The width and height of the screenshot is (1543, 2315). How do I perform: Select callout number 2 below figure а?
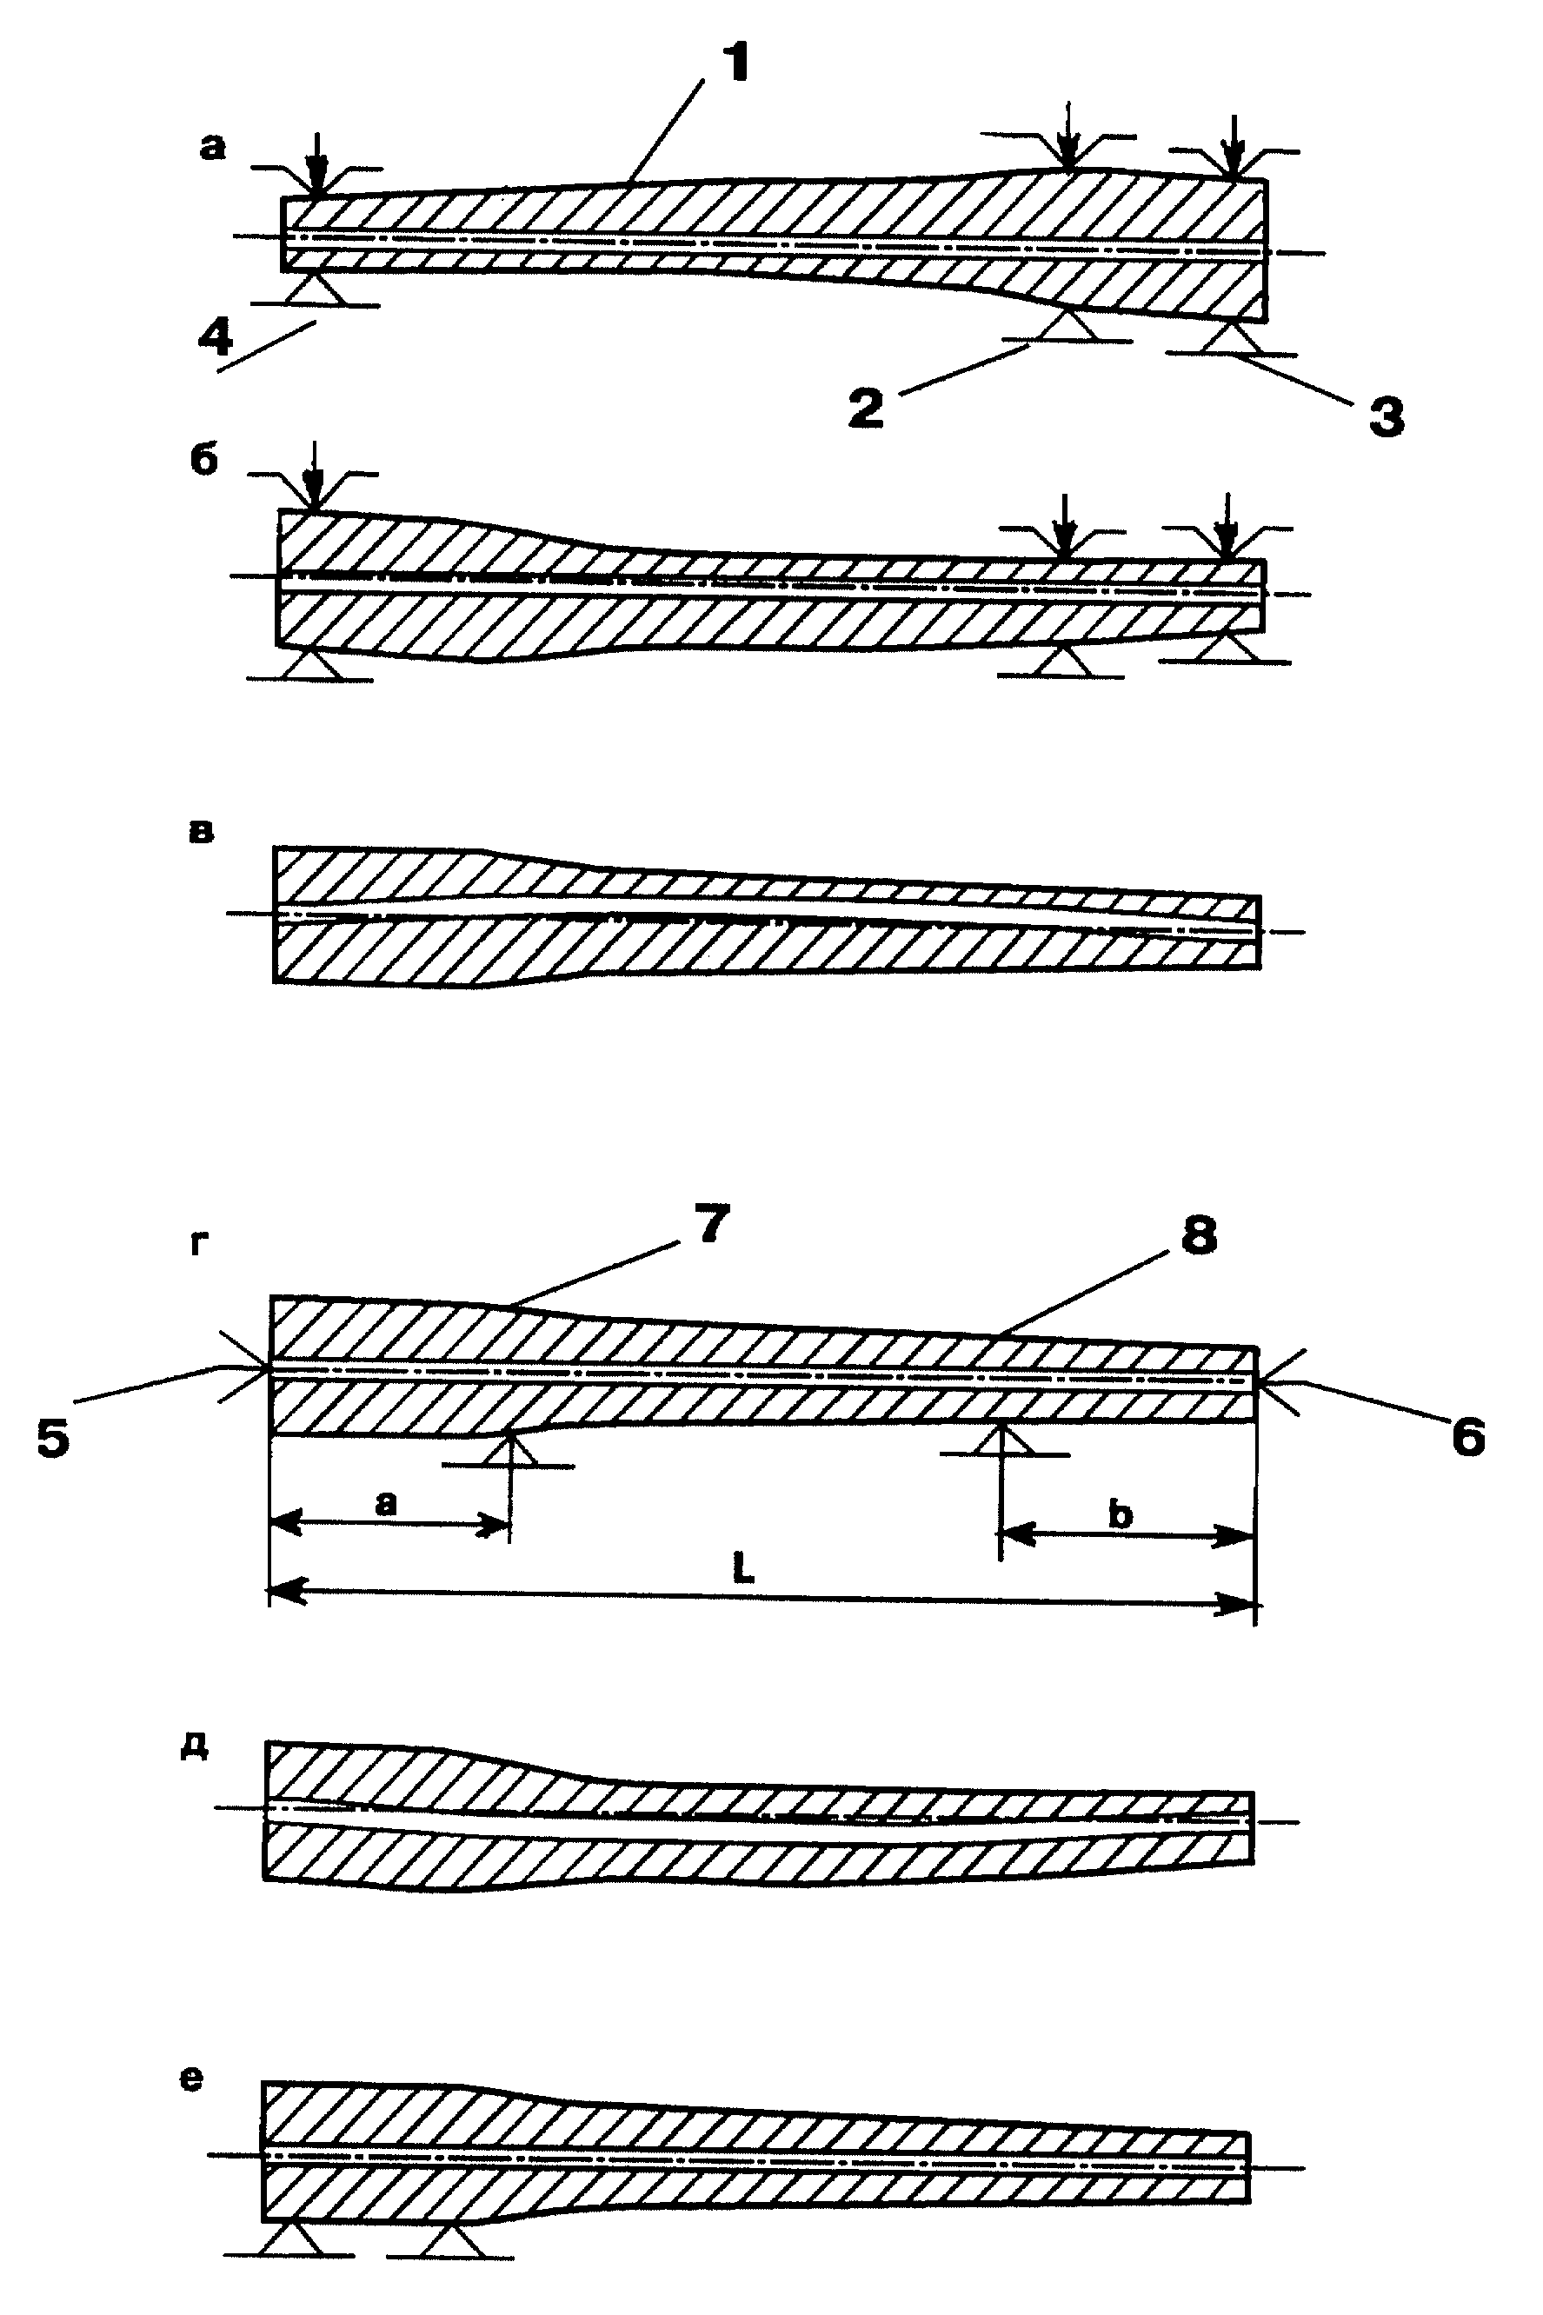(866, 409)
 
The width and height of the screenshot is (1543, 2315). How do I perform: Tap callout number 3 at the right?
(1387, 417)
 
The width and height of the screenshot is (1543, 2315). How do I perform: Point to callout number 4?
(215, 337)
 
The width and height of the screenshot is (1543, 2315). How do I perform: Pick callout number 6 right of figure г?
(1467, 1437)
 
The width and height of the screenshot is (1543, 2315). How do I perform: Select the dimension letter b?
(1120, 1515)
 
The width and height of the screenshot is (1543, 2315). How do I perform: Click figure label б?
(203, 461)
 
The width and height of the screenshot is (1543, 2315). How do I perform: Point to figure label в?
(200, 832)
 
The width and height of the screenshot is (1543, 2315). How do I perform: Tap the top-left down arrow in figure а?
(316, 162)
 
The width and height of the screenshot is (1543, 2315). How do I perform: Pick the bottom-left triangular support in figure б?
(309, 664)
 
